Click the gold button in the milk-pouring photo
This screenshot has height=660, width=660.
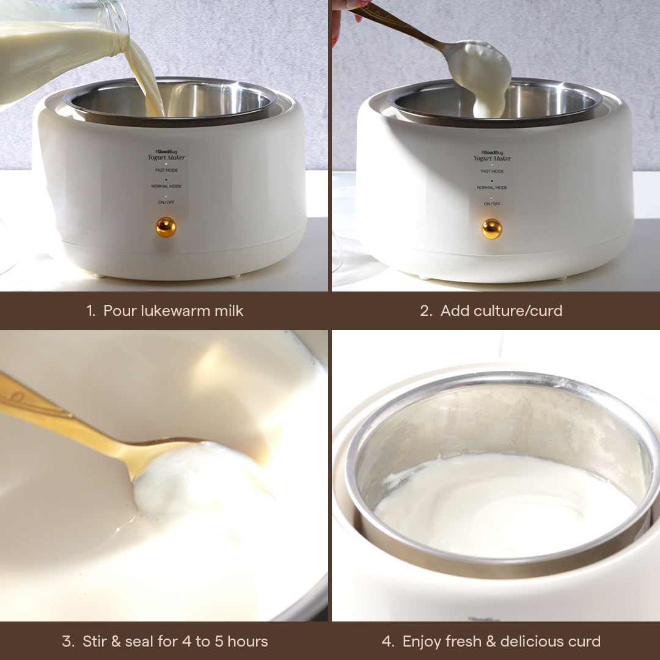pyautogui.click(x=166, y=227)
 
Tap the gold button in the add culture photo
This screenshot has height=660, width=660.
pyautogui.click(x=491, y=229)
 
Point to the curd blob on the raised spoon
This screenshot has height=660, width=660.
pyautogui.click(x=486, y=73)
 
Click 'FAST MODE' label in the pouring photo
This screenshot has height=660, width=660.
pyautogui.click(x=167, y=170)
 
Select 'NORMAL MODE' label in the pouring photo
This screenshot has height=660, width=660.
pyautogui.click(x=167, y=186)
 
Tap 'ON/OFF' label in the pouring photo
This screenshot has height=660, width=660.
pyautogui.click(x=167, y=202)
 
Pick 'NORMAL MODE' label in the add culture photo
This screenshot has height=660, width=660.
pyautogui.click(x=492, y=188)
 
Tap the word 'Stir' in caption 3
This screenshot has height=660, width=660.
pyautogui.click(x=95, y=642)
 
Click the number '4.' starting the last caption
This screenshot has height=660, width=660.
pyautogui.click(x=388, y=642)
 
